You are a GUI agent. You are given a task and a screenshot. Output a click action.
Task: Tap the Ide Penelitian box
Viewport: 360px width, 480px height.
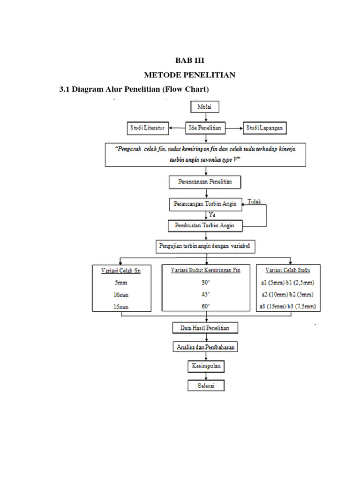coord(205,127)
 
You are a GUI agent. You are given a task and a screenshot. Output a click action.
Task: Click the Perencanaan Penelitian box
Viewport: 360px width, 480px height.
coord(204,181)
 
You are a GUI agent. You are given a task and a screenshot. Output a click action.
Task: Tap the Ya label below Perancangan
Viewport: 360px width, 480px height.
coord(212,214)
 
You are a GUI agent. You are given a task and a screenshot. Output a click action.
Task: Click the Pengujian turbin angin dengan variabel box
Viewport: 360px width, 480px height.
coord(205,246)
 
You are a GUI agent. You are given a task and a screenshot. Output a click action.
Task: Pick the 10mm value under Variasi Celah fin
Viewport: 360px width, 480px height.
coord(121,295)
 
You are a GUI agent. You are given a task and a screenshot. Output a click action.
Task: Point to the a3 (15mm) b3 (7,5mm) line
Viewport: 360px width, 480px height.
coord(287,307)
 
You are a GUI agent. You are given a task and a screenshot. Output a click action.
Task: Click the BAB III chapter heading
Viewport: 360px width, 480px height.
coord(190,61)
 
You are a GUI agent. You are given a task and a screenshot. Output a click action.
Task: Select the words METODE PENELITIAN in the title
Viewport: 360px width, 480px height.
coord(190,75)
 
